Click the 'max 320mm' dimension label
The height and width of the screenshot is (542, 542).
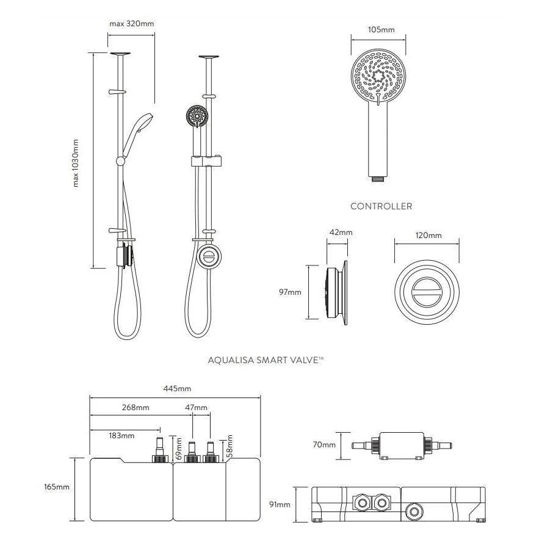(131, 24)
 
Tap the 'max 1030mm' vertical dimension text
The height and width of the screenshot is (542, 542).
(76, 162)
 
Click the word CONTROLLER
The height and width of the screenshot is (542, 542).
(381, 206)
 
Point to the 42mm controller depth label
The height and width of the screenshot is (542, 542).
(340, 233)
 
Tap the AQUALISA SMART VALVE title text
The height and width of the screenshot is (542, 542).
(266, 361)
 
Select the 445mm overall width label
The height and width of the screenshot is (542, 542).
(177, 389)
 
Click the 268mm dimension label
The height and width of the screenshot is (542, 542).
(135, 407)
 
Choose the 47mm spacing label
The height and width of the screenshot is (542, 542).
(196, 407)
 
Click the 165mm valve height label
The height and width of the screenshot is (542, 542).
(58, 487)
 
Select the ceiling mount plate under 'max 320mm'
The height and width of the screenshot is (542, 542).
(121, 54)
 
